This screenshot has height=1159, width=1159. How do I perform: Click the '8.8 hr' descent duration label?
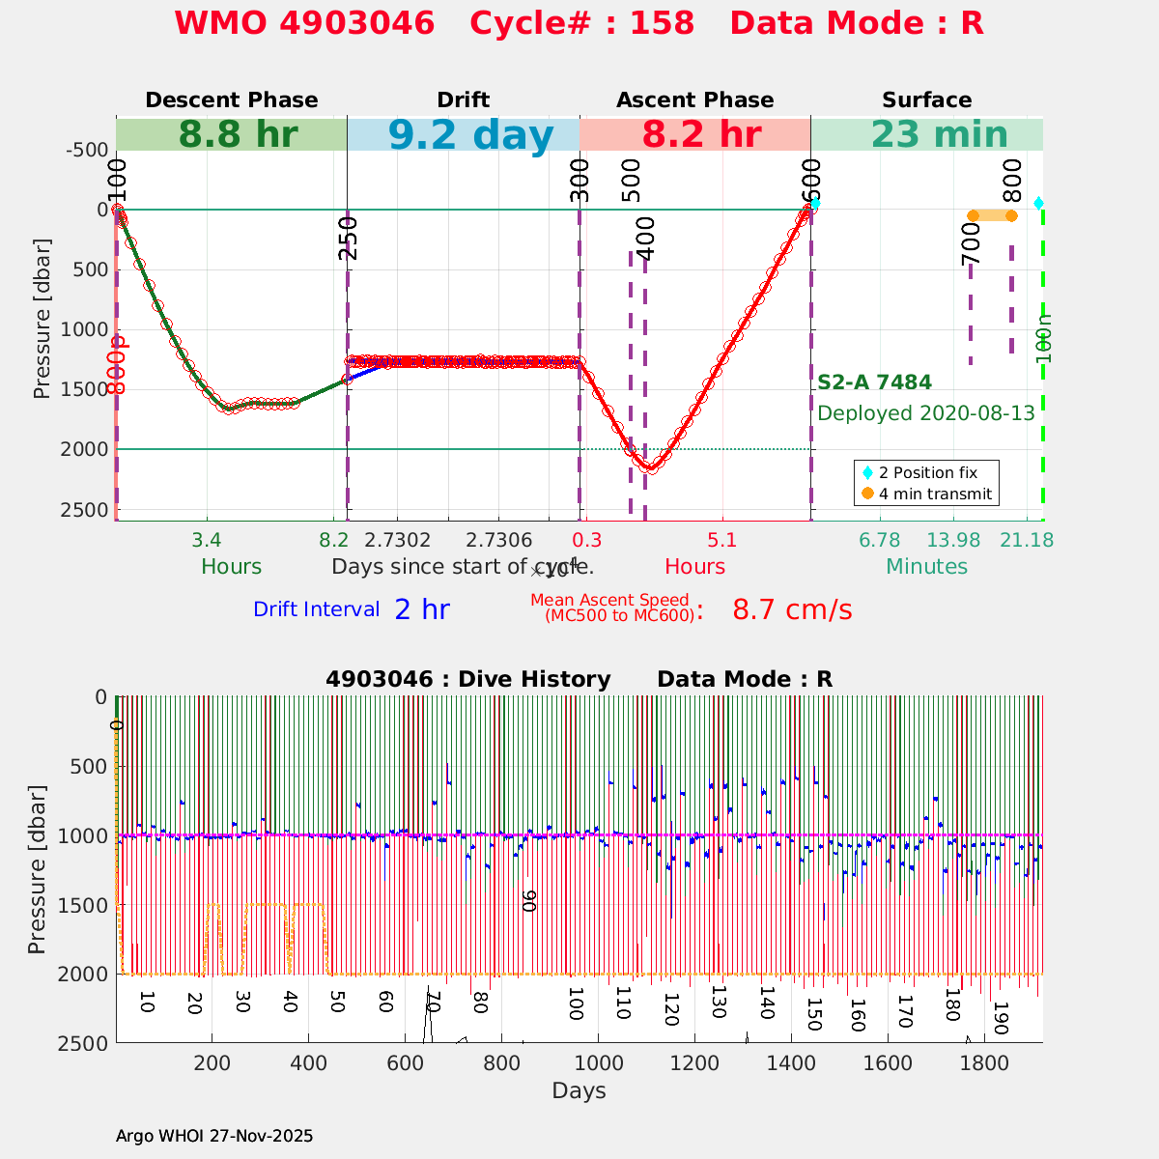238,135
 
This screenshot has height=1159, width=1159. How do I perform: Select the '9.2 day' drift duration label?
471,135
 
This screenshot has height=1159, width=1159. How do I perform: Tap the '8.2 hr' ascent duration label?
701,135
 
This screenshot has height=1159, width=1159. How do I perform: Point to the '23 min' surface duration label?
926,135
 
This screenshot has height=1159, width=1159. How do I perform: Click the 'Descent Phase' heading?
232,100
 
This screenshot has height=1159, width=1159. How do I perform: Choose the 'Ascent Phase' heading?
695,100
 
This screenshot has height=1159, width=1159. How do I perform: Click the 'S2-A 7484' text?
874,382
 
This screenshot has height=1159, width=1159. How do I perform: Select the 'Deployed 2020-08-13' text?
926,413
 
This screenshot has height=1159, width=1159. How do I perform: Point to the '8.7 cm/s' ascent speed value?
792,610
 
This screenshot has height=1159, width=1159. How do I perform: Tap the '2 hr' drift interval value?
422,609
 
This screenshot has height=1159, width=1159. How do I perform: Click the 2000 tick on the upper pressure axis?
88,449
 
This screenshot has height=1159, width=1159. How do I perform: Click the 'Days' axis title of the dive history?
579,1091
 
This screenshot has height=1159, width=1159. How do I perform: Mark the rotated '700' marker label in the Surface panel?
972,250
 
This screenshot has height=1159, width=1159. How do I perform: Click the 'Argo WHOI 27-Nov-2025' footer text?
214,1136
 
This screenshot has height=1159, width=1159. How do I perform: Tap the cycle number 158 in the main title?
663,23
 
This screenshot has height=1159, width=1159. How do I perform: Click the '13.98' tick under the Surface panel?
953,540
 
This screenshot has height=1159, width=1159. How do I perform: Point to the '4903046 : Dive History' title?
468,680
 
